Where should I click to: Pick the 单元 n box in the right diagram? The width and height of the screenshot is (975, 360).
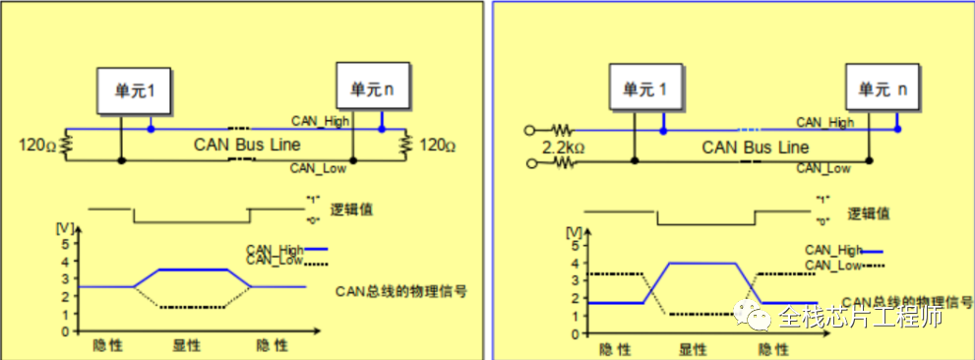click(882, 89)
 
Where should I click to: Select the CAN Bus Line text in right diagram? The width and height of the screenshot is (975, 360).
click(756, 147)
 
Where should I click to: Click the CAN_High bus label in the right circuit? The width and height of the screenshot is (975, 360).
click(824, 122)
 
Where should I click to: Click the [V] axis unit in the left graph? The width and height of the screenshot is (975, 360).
click(66, 229)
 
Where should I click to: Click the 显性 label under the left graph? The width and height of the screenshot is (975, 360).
click(187, 345)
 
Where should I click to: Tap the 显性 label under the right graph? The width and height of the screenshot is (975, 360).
click(695, 347)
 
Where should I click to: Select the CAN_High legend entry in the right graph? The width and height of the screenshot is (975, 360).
click(833, 251)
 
